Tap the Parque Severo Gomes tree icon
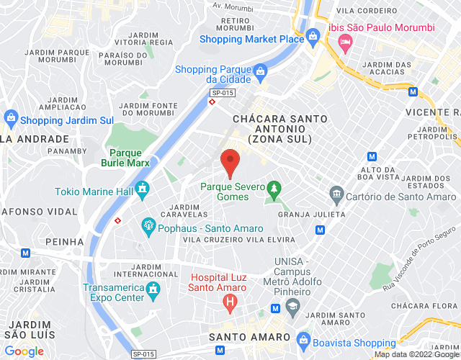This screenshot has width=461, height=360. pyautogui.click(x=273, y=190)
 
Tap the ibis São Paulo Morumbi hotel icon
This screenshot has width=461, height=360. pyautogui.click(x=344, y=42)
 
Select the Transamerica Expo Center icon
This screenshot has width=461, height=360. pyautogui.click(x=153, y=289)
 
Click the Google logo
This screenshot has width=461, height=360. pyautogui.click(x=24, y=351)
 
